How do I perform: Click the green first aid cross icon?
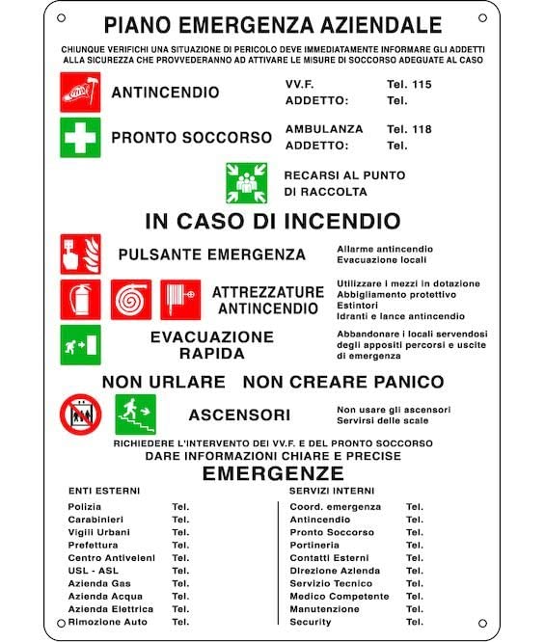80,137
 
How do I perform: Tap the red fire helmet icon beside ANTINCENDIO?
80,93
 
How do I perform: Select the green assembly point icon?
246,183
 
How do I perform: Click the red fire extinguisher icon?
80,299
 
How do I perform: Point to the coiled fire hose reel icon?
130,299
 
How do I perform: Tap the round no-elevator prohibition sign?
80,415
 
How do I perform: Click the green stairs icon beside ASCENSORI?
135,415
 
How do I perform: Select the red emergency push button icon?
80,254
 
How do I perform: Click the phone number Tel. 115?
409,85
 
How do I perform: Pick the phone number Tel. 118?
409,129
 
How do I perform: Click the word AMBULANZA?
324,129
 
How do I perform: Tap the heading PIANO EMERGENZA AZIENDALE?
273,25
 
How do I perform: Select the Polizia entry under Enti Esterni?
85,506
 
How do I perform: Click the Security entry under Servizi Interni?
311,622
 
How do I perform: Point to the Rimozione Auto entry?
108,622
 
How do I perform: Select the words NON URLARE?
163,382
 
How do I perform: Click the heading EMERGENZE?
273,473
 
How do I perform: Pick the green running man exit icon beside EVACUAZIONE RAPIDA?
80,344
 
